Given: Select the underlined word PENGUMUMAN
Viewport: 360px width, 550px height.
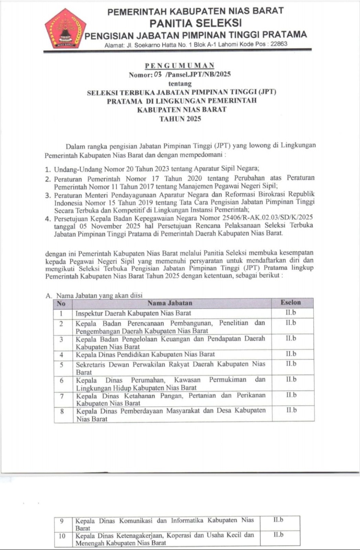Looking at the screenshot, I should pyautogui.click(x=180, y=66).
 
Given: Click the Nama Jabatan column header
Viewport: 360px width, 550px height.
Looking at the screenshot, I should pyautogui.click(x=170, y=303).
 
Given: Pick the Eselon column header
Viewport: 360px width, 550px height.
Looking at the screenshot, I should pyautogui.click(x=291, y=303).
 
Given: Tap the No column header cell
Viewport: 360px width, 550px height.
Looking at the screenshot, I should pyautogui.click(x=61, y=303).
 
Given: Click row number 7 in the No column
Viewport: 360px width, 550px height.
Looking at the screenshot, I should pyautogui.click(x=62, y=395).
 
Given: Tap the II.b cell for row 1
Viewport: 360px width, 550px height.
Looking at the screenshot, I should pyautogui.click(x=291, y=312).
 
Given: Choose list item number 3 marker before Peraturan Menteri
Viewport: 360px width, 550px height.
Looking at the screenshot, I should pyautogui.click(x=49, y=195).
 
